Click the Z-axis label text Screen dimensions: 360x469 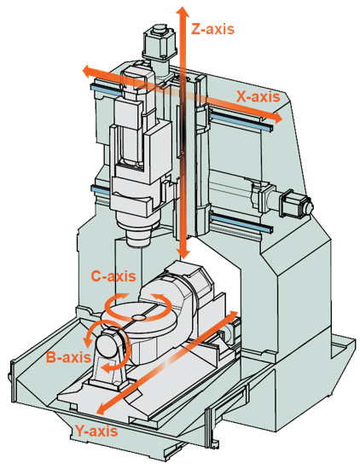click(212, 29)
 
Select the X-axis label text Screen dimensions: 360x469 click(258, 96)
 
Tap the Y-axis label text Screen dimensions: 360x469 click(96, 431)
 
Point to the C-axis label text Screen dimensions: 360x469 click(113, 276)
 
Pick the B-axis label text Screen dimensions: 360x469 click(68, 357)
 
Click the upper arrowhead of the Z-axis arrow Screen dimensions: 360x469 click(183, 11)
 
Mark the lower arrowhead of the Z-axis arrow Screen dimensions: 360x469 click(183, 253)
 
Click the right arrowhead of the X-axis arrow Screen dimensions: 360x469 click(277, 118)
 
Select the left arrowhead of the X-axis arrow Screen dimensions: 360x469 click(88, 71)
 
